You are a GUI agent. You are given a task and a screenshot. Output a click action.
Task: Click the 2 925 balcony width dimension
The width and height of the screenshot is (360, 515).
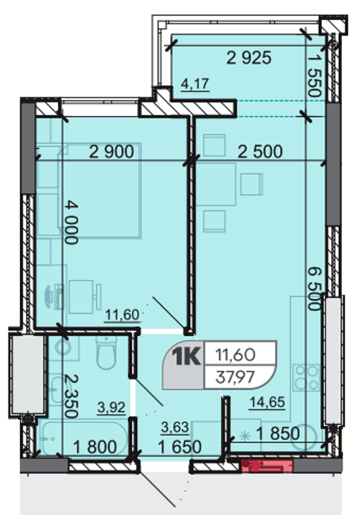point(249,58)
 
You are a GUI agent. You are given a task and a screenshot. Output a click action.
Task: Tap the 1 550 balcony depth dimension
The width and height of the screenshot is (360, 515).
point(314,75)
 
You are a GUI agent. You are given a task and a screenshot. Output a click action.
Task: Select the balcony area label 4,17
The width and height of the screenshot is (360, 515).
point(195,84)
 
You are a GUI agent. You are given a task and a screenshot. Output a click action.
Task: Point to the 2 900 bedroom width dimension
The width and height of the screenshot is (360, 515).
point(111,152)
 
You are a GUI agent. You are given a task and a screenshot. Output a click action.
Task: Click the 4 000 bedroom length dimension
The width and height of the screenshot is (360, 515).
point(71,222)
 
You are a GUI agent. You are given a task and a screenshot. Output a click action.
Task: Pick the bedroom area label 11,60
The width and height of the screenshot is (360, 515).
point(122,315)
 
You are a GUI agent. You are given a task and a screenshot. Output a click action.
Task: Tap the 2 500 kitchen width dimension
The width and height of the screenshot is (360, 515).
point(260,152)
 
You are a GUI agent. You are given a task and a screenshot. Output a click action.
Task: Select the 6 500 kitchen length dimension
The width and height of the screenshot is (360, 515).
point(314,288)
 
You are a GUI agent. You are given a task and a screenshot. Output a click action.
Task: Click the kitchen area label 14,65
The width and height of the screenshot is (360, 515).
point(267,402)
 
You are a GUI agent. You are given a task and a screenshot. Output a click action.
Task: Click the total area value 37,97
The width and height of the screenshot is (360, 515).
point(235,377)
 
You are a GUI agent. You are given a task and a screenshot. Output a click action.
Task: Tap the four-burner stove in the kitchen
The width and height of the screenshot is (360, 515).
point(306,377)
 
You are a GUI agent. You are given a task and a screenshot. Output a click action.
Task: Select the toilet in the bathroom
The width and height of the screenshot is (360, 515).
point(107,352)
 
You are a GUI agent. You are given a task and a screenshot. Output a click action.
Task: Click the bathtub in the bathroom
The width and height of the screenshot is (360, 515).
point(84,438)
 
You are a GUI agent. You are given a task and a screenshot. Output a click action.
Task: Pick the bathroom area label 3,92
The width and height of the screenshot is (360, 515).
point(111,407)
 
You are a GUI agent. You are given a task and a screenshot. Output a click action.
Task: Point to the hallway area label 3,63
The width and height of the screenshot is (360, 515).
point(175,427)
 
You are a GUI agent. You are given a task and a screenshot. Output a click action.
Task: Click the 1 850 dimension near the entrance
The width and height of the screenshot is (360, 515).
point(278,433)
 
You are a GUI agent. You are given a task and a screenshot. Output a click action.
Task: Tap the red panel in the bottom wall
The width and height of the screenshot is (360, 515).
point(267,465)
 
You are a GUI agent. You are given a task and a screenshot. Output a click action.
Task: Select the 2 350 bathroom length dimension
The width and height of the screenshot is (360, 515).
point(71,396)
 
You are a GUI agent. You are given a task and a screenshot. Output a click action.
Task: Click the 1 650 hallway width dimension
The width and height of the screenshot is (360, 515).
point(180,447)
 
